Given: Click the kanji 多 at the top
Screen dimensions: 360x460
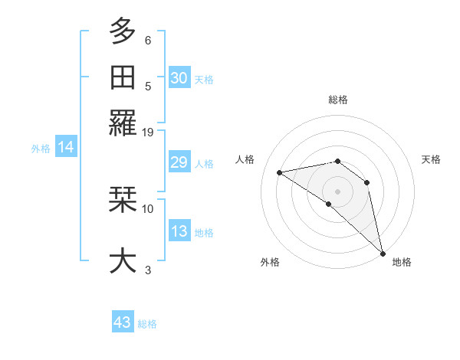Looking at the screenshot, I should (x=123, y=31).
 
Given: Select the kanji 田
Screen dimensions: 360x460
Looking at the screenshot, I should (x=123, y=77).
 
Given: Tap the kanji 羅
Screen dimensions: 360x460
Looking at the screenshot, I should (x=123, y=123).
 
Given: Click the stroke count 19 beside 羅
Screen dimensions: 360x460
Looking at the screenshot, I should (x=148, y=132).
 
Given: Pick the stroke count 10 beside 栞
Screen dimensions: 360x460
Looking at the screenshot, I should (x=148, y=208).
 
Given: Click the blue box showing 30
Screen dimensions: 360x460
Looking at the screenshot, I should (x=179, y=77).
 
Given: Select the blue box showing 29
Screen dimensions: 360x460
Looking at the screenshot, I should (x=179, y=162).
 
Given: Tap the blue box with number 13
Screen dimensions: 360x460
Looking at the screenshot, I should (x=179, y=231).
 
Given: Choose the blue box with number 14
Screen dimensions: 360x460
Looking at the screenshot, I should (x=65, y=147).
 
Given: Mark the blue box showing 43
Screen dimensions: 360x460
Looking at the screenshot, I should (x=123, y=322).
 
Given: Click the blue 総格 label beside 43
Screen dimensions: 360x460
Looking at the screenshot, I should (x=147, y=324).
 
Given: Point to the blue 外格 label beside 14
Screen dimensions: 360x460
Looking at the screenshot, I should (x=41, y=149).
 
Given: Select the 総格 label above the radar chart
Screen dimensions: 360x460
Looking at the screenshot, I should (x=338, y=100).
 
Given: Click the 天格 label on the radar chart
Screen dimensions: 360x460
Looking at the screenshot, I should (x=431, y=159).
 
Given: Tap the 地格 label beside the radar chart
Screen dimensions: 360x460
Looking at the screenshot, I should (x=402, y=262).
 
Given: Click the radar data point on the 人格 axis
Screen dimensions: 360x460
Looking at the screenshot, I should (x=280, y=172).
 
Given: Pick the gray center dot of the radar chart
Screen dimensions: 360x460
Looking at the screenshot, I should (x=338, y=191).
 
